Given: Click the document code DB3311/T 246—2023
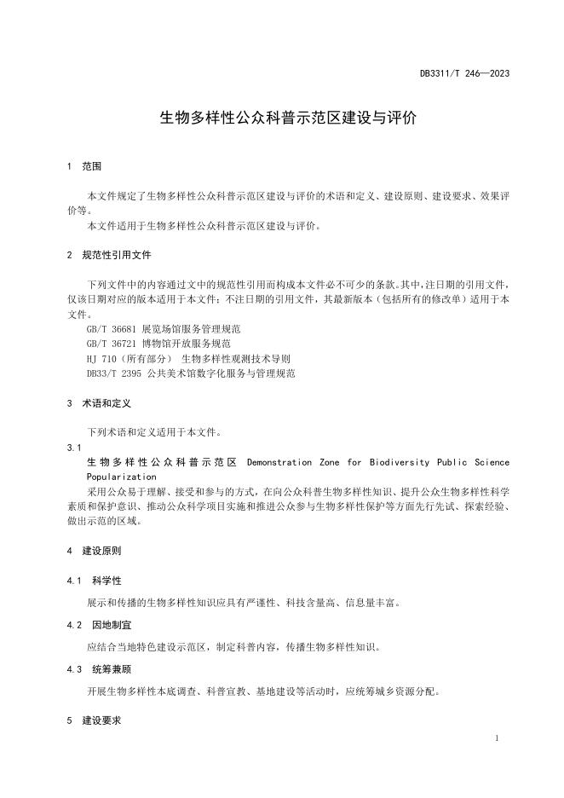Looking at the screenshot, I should [464, 74].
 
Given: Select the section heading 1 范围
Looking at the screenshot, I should [84, 166].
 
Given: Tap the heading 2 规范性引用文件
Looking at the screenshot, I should [110, 255].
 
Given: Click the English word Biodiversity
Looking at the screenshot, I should [398, 462].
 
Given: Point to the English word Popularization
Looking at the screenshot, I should [122, 477].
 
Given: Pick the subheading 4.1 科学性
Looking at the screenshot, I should [95, 581].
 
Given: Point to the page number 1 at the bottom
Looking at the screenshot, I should [497, 737].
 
